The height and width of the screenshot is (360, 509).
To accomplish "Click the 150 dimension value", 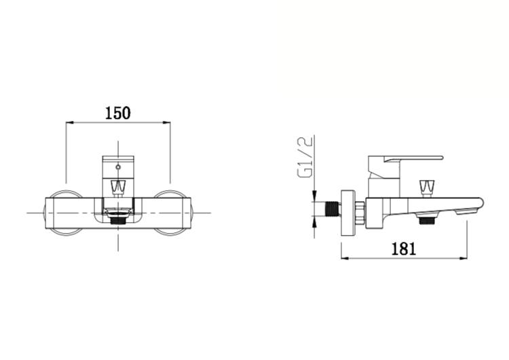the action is [x=118, y=113].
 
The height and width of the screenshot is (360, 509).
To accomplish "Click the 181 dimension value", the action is [x=404, y=249].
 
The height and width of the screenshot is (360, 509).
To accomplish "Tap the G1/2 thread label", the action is [x=305, y=157].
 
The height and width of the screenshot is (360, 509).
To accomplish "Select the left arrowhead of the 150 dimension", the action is [x=70, y=123].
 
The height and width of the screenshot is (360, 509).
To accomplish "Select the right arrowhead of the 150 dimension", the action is [x=166, y=123].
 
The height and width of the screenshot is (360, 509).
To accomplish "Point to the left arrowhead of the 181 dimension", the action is [x=345, y=259].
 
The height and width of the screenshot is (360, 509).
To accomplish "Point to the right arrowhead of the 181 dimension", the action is [x=464, y=259].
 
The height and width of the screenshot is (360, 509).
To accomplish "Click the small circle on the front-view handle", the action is [x=118, y=168].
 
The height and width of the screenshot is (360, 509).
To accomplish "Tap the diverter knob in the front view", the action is [x=118, y=187].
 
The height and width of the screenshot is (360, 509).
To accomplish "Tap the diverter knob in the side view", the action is [x=426, y=188].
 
